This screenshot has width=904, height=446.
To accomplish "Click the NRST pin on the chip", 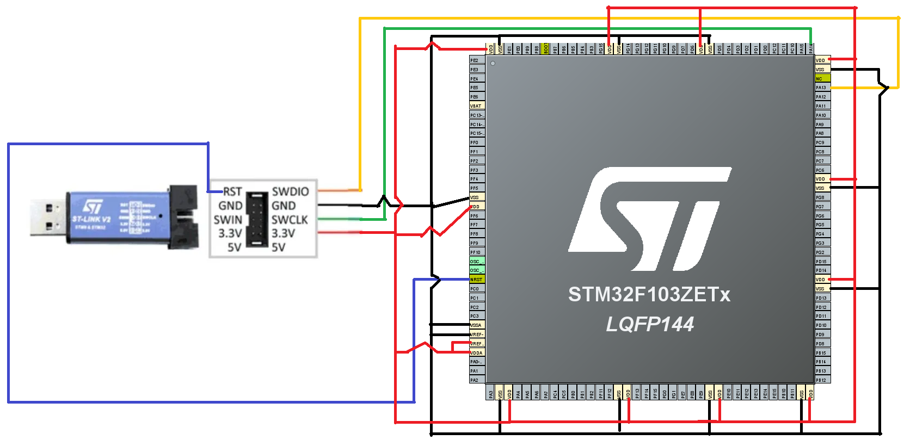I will click(x=477, y=280).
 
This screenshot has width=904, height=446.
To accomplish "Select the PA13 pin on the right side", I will click(x=822, y=88).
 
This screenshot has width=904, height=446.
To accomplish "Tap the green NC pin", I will click(x=822, y=78).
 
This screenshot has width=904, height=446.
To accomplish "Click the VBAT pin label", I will click(x=477, y=106).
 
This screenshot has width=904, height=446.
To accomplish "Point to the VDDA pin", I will click(x=477, y=353).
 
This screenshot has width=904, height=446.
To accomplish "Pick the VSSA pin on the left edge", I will click(x=477, y=325).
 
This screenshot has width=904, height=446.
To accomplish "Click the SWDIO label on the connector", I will click(x=290, y=191).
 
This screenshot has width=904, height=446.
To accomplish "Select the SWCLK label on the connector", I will click(x=290, y=220).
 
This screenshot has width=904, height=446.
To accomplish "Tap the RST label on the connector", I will click(x=232, y=191).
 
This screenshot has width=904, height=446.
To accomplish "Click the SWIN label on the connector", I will click(x=228, y=220).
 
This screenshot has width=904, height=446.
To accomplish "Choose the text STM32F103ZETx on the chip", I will click(x=649, y=294).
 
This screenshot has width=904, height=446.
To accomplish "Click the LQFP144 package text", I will click(x=650, y=325).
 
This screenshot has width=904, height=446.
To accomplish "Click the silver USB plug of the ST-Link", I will click(x=48, y=217).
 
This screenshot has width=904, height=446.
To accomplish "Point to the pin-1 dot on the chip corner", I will click(x=493, y=64).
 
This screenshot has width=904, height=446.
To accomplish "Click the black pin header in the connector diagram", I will click(x=257, y=220).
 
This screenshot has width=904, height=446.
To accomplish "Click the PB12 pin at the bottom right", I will click(x=822, y=380).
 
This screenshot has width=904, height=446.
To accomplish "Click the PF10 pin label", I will click(x=476, y=252).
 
